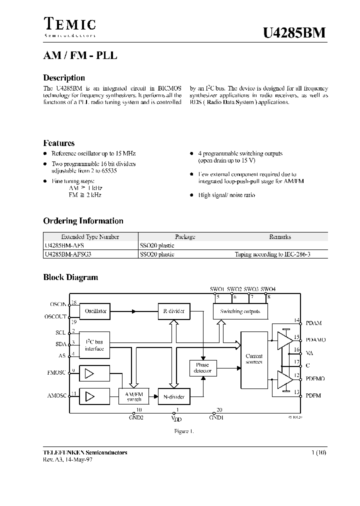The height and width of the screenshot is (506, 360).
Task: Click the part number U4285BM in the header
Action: [x=294, y=33]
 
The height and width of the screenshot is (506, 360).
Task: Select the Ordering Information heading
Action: [x=83, y=220]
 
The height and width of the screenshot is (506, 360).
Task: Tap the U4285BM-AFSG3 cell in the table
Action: [x=68, y=254]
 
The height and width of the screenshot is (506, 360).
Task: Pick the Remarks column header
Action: [x=279, y=237]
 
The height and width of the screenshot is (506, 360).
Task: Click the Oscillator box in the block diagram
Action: [x=95, y=311]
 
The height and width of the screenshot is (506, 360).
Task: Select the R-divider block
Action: [x=173, y=311]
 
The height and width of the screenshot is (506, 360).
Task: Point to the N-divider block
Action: [x=173, y=397]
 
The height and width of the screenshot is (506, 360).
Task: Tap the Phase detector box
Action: [x=202, y=368]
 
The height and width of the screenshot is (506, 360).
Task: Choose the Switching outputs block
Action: [x=240, y=311]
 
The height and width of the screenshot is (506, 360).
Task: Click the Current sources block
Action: [x=254, y=359]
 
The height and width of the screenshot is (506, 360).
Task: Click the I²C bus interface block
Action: [x=94, y=345]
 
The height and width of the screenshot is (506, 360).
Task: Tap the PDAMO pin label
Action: [x=315, y=339]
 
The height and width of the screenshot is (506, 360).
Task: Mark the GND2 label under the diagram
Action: [x=136, y=417]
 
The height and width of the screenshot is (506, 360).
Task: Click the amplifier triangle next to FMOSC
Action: [x=89, y=373]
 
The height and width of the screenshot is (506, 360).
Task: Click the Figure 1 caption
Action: [x=183, y=431]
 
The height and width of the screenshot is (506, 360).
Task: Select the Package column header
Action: [x=185, y=237]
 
